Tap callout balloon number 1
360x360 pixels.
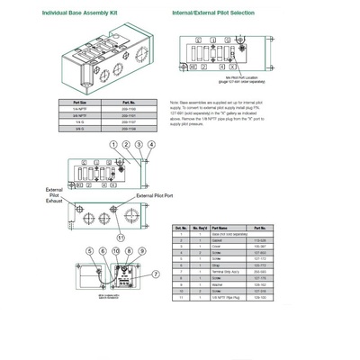113,144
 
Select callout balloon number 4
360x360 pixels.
151,144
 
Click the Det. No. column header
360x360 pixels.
181,229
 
